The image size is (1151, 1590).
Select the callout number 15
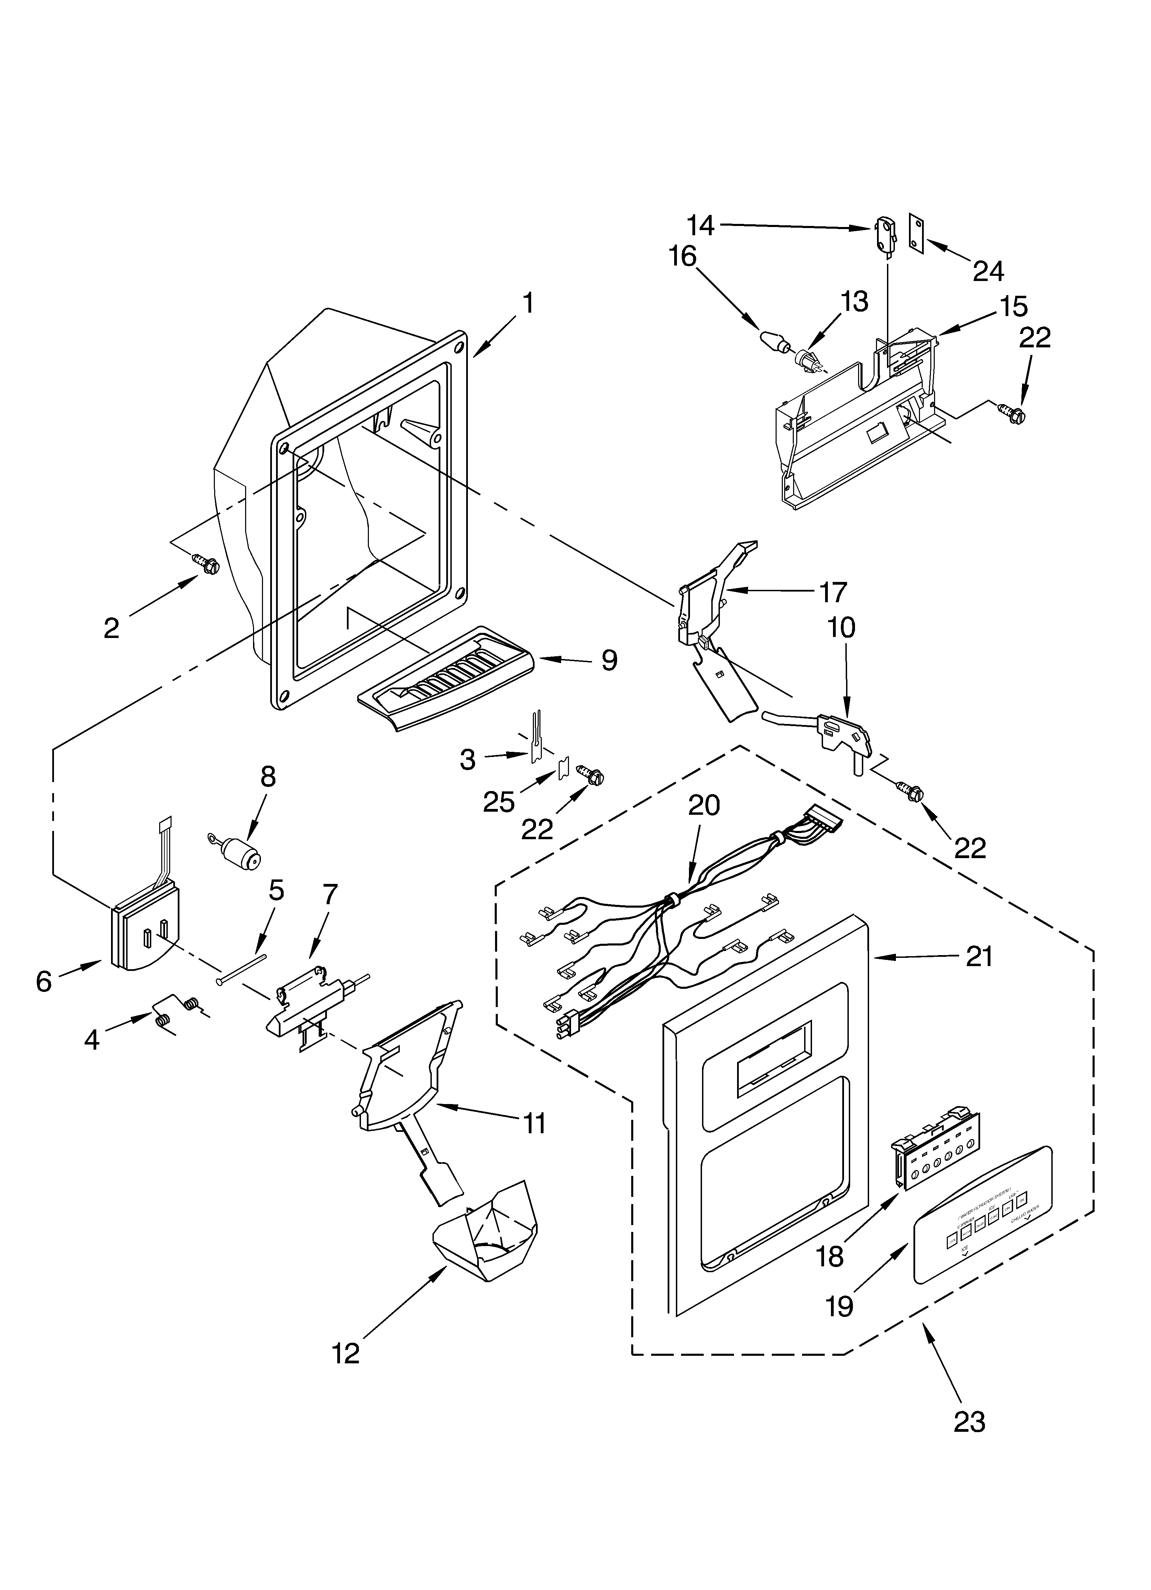[1013, 306]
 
